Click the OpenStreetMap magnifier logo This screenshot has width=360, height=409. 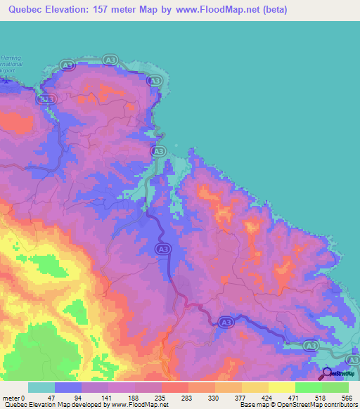pyautogui.click(x=328, y=372)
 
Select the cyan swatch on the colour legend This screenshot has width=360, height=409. pyautogui.click(x=41, y=387)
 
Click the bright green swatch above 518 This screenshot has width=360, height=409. pyautogui.click(x=308, y=387)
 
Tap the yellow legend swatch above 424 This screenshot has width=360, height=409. pyautogui.click(x=255, y=387)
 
